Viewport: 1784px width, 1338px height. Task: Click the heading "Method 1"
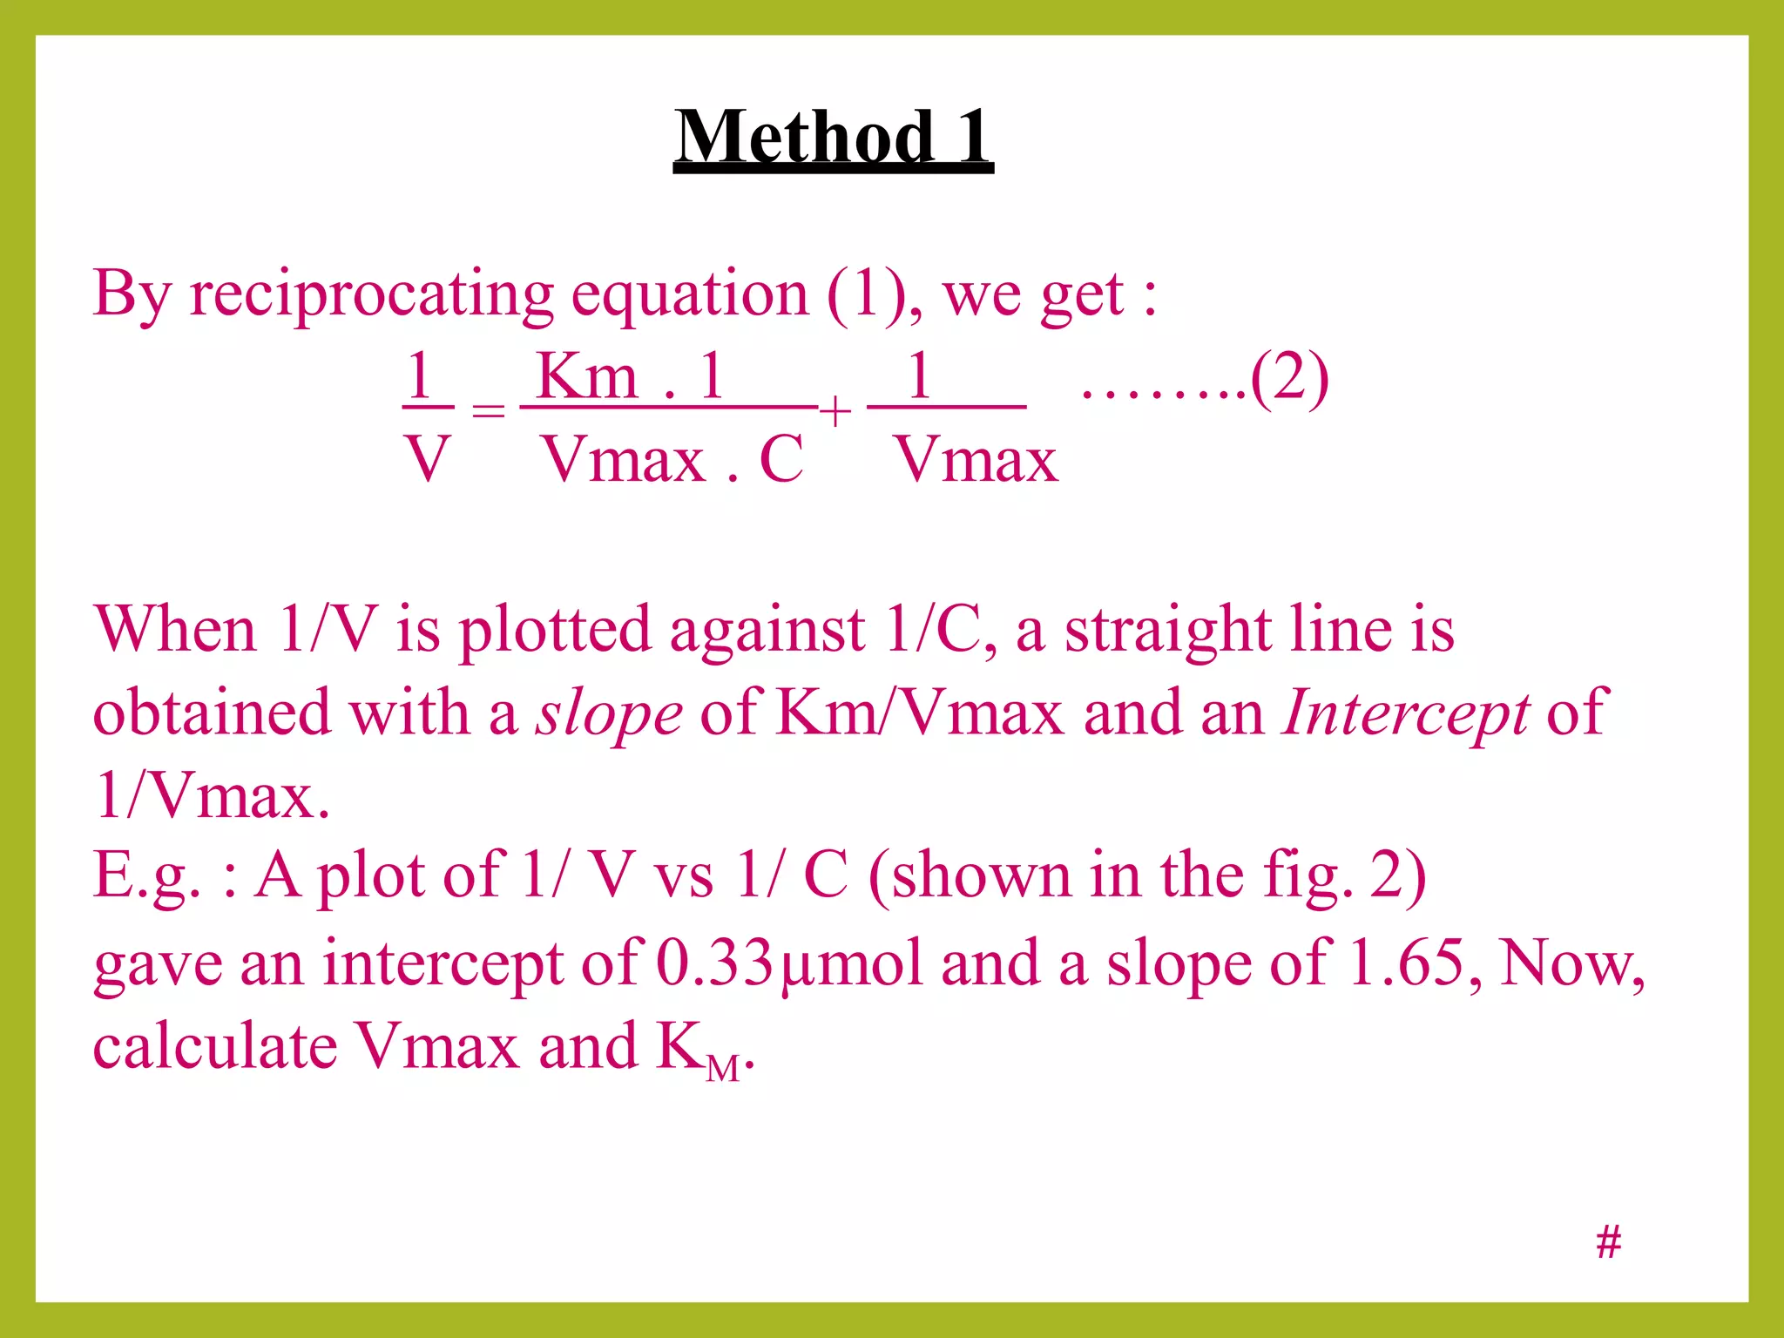(x=833, y=137)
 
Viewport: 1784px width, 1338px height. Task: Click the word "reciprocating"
(x=371, y=294)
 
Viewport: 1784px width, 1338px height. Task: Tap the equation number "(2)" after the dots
(x=1289, y=379)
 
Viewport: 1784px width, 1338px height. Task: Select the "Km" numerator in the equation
(x=587, y=376)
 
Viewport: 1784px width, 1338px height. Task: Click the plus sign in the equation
(x=835, y=411)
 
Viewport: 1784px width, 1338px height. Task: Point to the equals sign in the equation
(x=488, y=409)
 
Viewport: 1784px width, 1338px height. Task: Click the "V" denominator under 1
(x=427, y=459)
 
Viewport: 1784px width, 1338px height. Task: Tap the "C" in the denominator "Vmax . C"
(x=780, y=459)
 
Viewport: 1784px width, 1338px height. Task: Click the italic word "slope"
(x=608, y=713)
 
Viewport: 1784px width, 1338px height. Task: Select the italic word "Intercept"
(x=1404, y=713)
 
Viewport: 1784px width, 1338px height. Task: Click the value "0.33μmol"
(x=788, y=963)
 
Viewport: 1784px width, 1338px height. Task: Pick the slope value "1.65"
(x=1405, y=963)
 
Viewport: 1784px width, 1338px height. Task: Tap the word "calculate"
(x=214, y=1045)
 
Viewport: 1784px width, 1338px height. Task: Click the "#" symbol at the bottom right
(x=1608, y=1241)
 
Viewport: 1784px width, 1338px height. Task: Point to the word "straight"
(x=1168, y=629)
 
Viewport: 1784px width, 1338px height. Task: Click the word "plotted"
(x=554, y=629)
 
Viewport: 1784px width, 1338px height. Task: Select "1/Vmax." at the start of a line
(x=212, y=794)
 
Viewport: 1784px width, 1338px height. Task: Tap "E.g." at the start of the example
(x=146, y=875)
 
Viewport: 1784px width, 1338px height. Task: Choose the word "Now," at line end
(x=1571, y=963)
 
